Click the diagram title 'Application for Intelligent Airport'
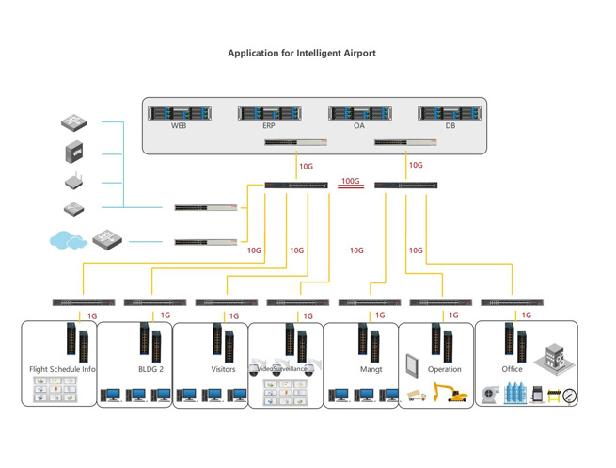[301, 53]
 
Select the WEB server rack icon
[179, 113]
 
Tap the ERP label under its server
[269, 126]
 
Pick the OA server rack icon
[359, 113]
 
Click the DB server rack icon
[450, 113]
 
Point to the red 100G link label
[351, 181]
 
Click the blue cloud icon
[68, 241]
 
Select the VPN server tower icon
[75, 152]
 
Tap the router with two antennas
[75, 182]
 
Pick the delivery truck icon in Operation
[416, 395]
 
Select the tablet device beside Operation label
[412, 364]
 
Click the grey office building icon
[554, 359]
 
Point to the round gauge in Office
[570, 396]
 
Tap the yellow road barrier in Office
[553, 396]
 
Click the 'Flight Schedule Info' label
[62, 369]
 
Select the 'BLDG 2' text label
[150, 369]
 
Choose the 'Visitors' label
[223, 369]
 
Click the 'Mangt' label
[371, 369]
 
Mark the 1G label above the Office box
[526, 315]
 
